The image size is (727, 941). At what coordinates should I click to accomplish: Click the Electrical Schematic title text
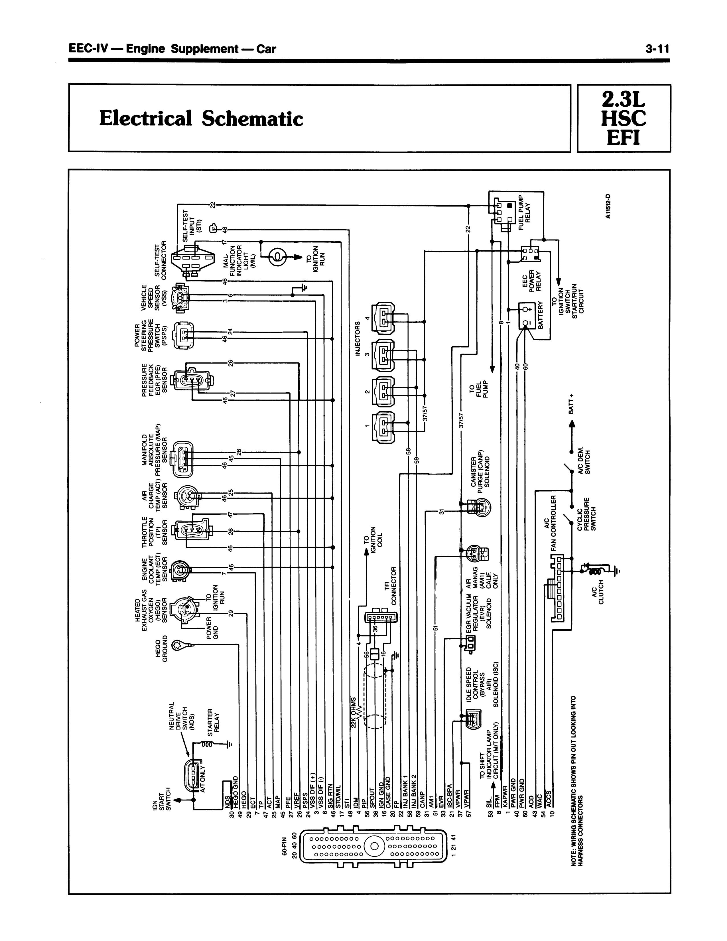coord(201,118)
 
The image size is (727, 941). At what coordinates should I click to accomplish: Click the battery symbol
coord(526,316)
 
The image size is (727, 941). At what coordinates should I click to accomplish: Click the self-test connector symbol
coord(192,259)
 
